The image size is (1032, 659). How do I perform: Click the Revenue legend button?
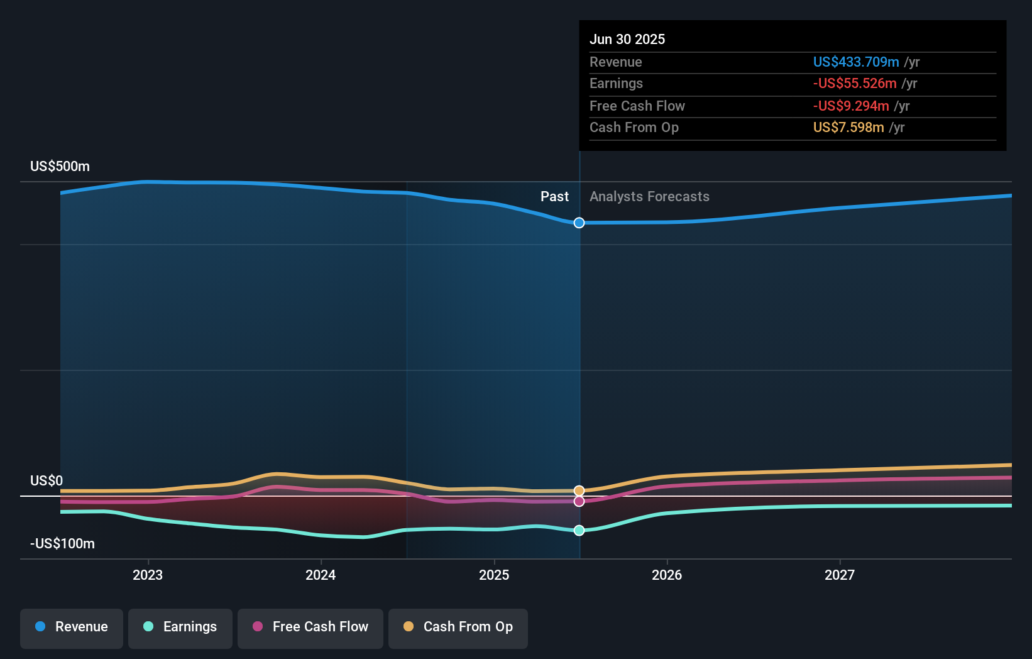(x=72, y=627)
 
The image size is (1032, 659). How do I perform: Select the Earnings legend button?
(x=180, y=627)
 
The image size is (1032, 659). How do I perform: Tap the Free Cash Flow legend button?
(x=310, y=627)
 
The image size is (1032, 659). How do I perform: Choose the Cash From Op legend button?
(x=458, y=627)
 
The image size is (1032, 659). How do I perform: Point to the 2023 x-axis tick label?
(x=148, y=575)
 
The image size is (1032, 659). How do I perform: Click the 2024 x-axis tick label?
(x=321, y=575)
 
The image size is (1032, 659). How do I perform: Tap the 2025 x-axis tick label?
(x=494, y=575)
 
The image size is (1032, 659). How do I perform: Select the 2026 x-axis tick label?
(x=667, y=575)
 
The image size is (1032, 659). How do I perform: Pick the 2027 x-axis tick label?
(x=840, y=575)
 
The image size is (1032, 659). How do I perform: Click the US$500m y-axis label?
(x=60, y=167)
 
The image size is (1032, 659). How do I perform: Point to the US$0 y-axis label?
(x=47, y=481)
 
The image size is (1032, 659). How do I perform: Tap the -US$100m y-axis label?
(x=63, y=544)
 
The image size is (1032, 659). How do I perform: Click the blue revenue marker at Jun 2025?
(x=579, y=223)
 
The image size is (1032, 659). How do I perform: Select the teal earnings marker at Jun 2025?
(x=579, y=530)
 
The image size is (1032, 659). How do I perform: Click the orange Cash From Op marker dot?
(x=579, y=490)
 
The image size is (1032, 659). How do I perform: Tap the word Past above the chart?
(x=554, y=197)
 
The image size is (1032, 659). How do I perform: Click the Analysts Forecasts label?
(x=649, y=197)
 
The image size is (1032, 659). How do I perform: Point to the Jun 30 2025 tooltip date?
(x=627, y=40)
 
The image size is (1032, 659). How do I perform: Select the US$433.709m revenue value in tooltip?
(x=856, y=62)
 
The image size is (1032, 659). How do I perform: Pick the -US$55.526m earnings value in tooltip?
(x=855, y=84)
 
